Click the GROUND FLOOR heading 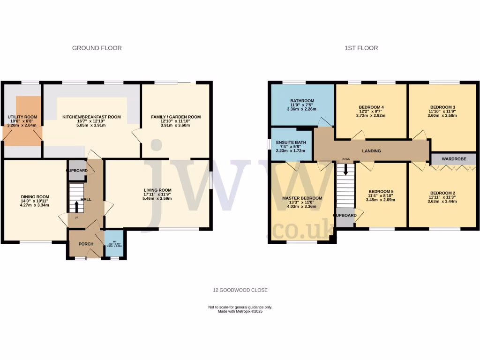click(x=97, y=48)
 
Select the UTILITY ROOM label click(x=22, y=117)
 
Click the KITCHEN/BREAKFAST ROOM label click(x=92, y=117)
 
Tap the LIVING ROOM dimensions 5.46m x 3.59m click(x=157, y=198)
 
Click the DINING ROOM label click(x=35, y=197)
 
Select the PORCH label click(x=86, y=244)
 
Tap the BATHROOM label click(x=302, y=100)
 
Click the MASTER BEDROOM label click(x=302, y=198)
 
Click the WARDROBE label click(x=454, y=159)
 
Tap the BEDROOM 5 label click(x=381, y=191)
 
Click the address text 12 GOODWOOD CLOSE click(x=240, y=290)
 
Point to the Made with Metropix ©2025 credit click(x=240, y=311)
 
